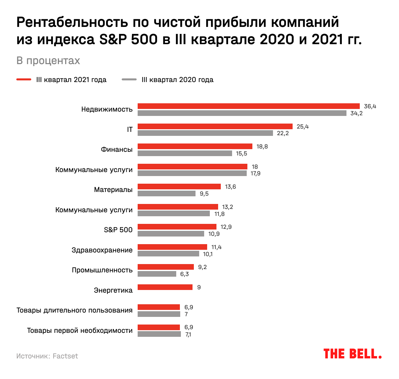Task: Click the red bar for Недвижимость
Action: click(249, 106)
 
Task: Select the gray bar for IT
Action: click(205, 133)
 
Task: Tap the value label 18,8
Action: click(262, 146)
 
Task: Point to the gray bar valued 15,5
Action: click(185, 153)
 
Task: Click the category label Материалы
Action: click(113, 190)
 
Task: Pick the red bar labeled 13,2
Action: click(178, 207)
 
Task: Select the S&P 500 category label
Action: click(118, 230)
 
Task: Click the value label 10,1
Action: click(208, 254)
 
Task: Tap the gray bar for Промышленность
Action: click(157, 274)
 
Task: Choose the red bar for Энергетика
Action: click(165, 287)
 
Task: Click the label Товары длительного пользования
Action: click(74, 310)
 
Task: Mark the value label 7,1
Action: click(188, 334)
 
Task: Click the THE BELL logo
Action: click(352, 354)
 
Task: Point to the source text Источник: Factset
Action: click(47, 356)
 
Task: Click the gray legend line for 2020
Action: click(129, 80)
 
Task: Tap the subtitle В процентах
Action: click(48, 61)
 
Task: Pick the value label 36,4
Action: click(370, 106)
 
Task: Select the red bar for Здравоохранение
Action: click(172, 247)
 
